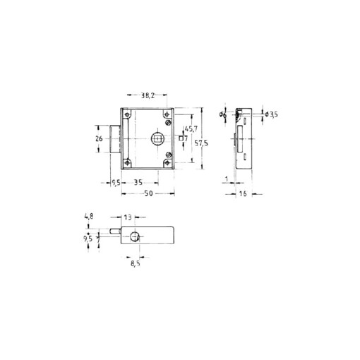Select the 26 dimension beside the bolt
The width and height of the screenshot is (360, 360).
click(x=100, y=138)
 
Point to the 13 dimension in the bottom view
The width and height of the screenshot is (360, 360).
click(x=127, y=217)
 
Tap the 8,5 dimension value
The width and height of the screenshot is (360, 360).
click(x=136, y=266)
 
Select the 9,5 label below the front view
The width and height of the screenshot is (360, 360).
click(x=115, y=182)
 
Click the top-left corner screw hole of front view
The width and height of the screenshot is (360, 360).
click(x=127, y=114)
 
